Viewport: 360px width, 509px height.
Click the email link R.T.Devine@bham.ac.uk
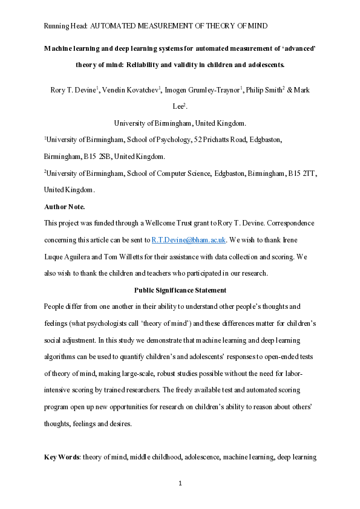point(189,240)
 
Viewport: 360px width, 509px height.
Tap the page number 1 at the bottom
point(180,483)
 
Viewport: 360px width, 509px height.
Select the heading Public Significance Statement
point(180,290)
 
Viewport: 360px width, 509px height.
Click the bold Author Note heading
point(65,207)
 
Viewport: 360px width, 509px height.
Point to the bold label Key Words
point(63,456)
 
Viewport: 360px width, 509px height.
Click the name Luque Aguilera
point(73,256)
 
